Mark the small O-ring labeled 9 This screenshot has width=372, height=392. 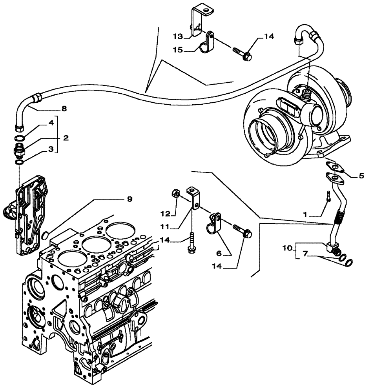[46, 235]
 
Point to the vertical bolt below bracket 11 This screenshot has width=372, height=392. [191, 241]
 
